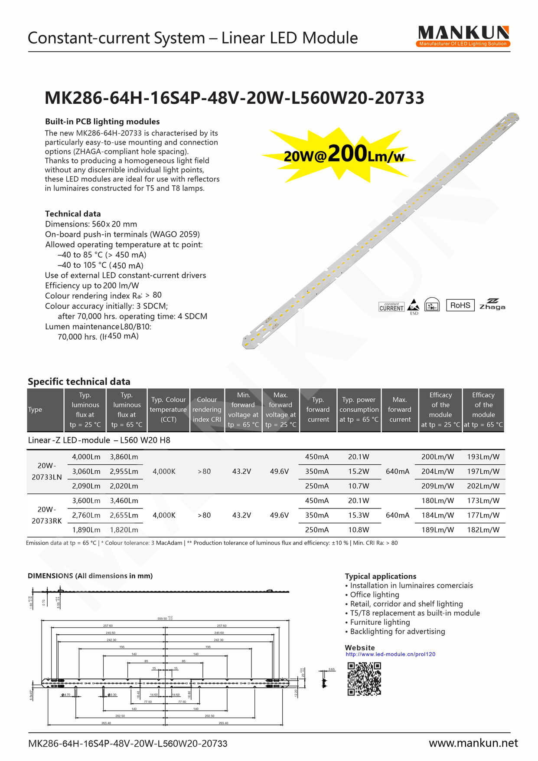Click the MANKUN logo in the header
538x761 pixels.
click(x=463, y=36)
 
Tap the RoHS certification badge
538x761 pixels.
click(x=460, y=305)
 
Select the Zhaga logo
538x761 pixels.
click(x=492, y=304)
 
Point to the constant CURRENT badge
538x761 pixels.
click(x=391, y=307)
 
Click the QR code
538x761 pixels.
click(x=364, y=679)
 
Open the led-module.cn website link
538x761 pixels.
click(x=390, y=654)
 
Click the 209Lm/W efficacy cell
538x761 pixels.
click(x=437, y=486)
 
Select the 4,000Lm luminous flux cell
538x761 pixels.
click(x=86, y=457)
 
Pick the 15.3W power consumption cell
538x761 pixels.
click(x=359, y=515)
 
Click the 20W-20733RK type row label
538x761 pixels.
click(x=46, y=515)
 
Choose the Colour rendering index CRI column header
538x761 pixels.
click(x=207, y=410)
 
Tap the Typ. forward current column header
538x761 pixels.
click(x=318, y=410)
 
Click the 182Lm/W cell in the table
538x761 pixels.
click(x=483, y=530)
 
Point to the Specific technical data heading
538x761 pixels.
click(x=79, y=381)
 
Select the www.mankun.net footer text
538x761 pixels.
click(x=473, y=743)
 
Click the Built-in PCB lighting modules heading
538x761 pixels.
click(x=102, y=121)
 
